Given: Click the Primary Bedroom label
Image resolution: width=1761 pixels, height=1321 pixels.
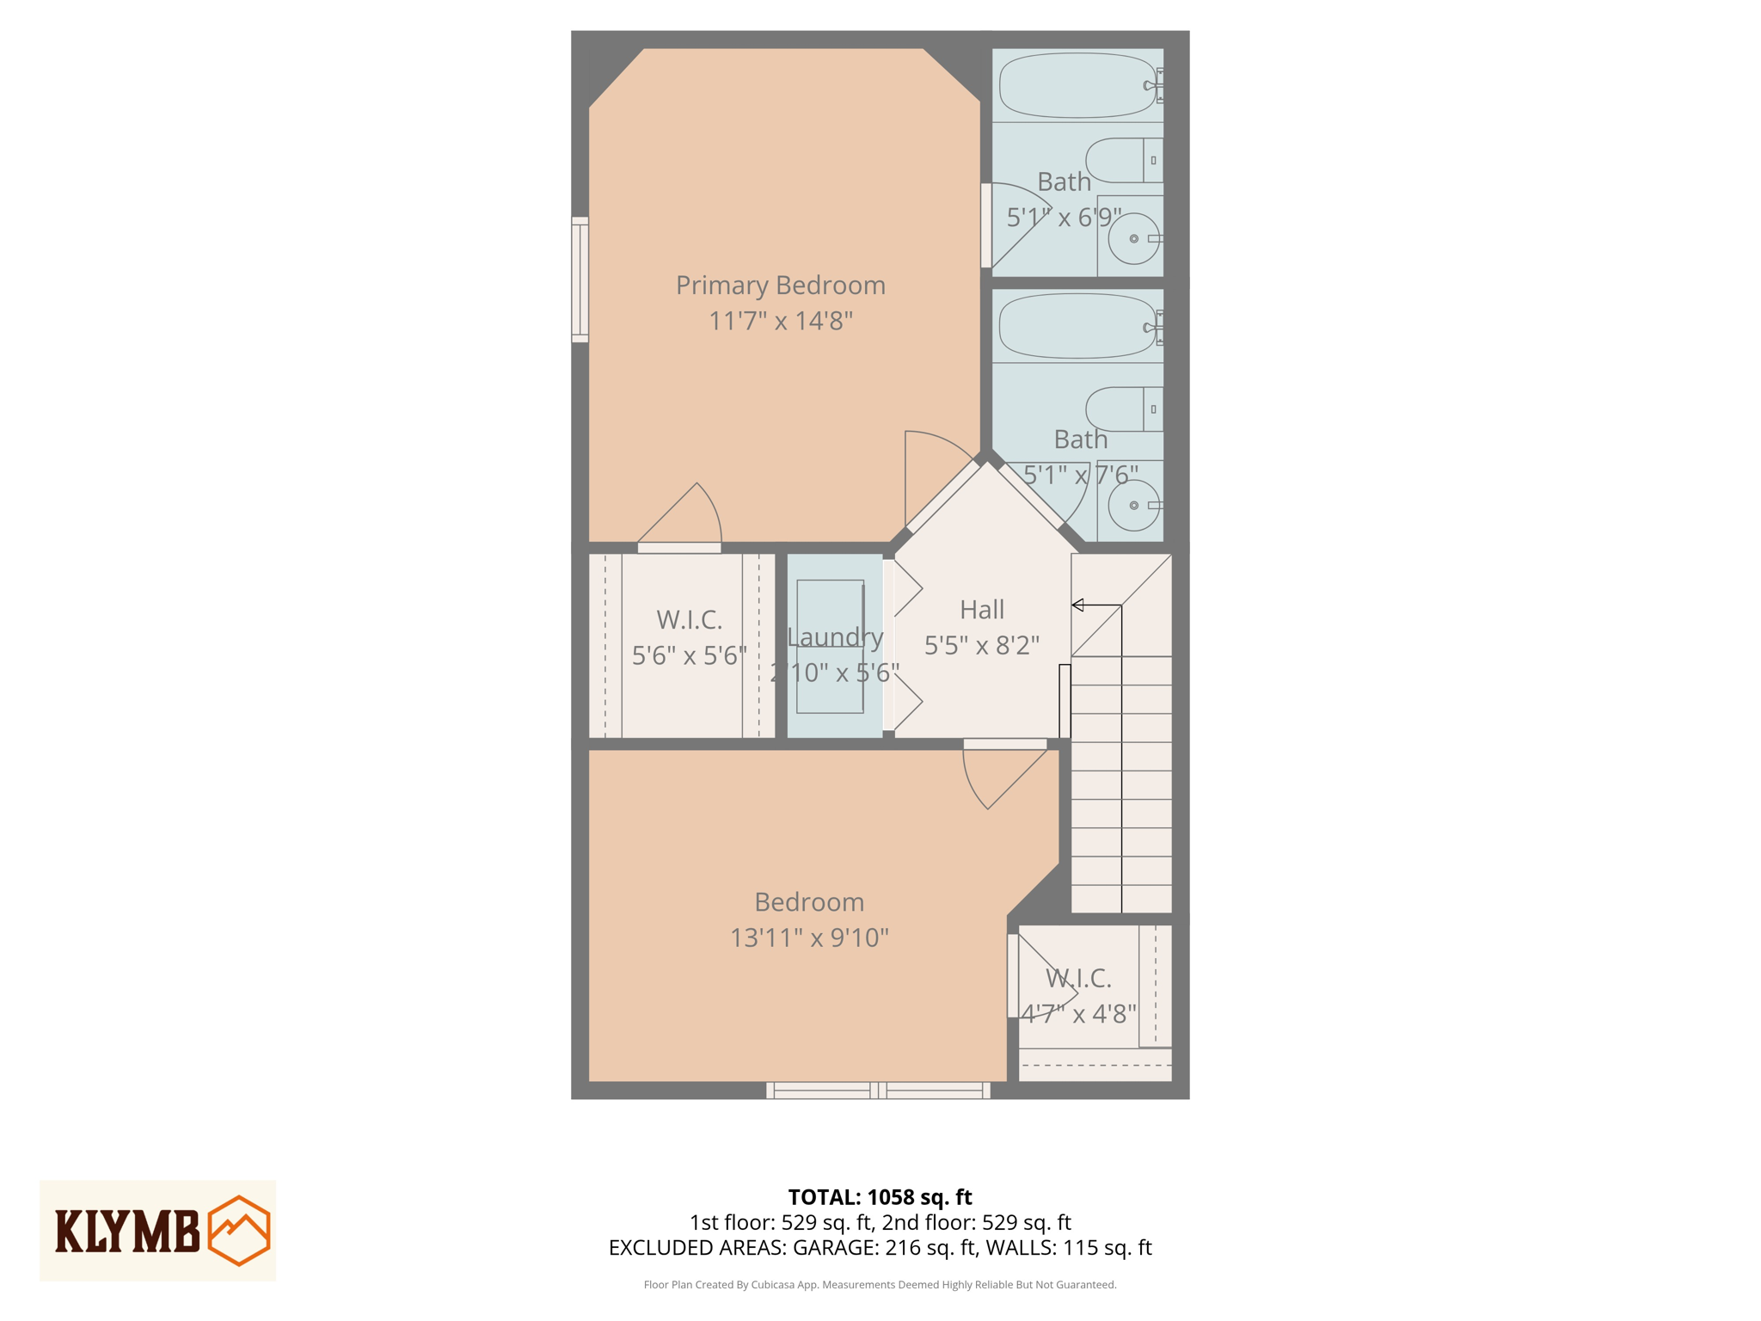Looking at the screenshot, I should coord(780,286).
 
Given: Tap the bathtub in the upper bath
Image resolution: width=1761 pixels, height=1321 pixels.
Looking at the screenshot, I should coord(1077,85).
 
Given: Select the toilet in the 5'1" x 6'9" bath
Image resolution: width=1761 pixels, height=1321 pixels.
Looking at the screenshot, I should coord(1121,160).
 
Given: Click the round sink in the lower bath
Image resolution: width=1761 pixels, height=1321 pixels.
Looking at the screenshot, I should coord(1133,505).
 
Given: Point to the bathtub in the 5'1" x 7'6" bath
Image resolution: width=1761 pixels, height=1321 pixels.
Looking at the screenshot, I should coord(1077,327).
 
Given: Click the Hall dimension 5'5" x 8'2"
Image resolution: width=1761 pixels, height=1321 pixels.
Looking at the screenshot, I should coord(981,645).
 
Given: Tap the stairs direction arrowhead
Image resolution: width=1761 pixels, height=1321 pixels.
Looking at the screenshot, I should coord(1077,605).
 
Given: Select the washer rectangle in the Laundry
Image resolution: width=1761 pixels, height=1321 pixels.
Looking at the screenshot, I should coord(830,646).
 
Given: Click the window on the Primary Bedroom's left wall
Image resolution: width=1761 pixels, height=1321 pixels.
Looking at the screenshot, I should coord(580,280).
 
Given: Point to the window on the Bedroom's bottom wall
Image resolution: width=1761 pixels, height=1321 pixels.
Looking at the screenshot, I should coord(878,1091).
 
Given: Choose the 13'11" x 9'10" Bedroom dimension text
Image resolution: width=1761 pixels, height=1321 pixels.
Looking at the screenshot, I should coord(808,937).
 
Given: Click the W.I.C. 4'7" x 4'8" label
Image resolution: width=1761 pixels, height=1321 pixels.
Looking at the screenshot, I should coord(1078,996).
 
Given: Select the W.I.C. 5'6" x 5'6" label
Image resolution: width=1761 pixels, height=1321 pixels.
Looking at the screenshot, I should coord(689,637).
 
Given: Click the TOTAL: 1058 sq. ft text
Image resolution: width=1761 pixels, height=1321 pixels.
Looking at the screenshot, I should coord(879,1196).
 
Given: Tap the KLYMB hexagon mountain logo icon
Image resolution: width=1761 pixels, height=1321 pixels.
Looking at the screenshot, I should coord(239,1230).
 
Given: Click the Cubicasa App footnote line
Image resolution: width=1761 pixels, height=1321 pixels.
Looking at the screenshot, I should coord(879,1285).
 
